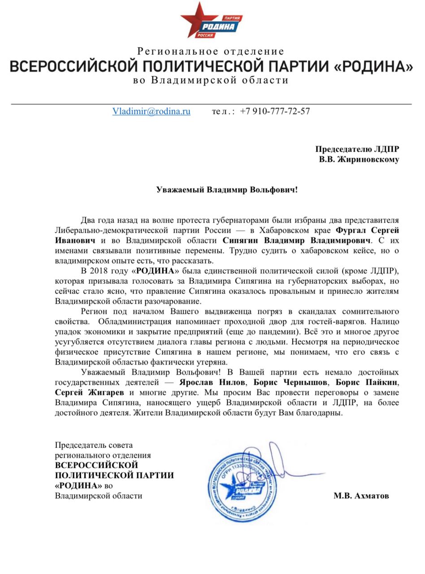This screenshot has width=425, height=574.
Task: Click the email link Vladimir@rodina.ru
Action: pos(151,111)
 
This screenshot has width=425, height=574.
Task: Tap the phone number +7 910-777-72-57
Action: pos(275,111)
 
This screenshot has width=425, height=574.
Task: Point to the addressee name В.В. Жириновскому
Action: pos(359,159)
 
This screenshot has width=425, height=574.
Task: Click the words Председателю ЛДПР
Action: pos(357,149)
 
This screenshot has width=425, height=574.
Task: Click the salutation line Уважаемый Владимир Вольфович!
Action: pos(227,190)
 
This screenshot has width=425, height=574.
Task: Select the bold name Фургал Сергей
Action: pos(367,230)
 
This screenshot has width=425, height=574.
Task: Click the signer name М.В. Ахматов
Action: pos(361,496)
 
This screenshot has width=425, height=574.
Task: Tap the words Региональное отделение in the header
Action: pos(211,52)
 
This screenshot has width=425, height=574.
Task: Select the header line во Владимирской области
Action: pos(211,81)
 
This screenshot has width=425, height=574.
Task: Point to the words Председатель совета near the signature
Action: pos(94,445)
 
